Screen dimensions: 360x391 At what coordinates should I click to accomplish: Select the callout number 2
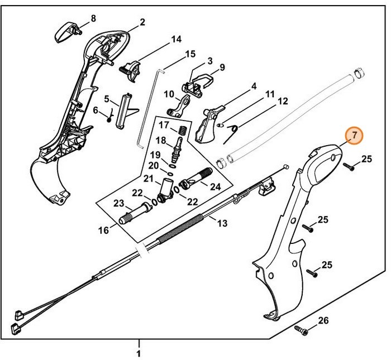coord(142,22)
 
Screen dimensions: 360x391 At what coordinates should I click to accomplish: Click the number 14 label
coord(176,39)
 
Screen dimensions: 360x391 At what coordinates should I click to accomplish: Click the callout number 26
coord(323,320)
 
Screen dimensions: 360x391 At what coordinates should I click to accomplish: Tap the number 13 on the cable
coord(222,223)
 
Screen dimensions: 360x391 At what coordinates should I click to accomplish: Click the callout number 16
coord(103,229)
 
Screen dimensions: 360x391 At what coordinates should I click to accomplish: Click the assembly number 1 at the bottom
coord(139,353)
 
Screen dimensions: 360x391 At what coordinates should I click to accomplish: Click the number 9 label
coord(222,68)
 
